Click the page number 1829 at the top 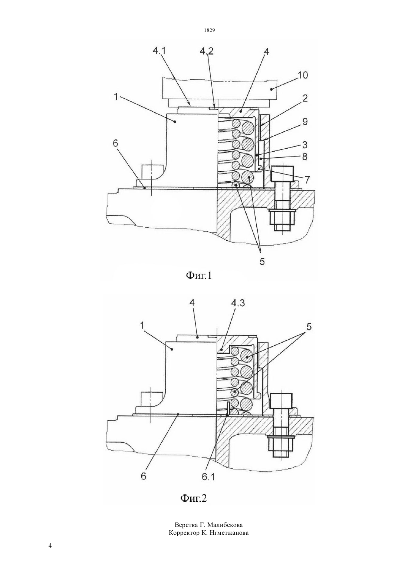(210, 30)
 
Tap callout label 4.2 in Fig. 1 (207, 51)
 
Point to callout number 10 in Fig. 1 (303, 75)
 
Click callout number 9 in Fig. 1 (305, 122)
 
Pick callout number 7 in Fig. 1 (306, 180)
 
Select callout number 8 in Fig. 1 (305, 156)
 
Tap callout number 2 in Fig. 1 (305, 98)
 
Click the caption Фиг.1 (198, 276)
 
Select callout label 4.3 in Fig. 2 (238, 303)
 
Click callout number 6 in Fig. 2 (144, 476)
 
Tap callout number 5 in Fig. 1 (262, 261)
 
